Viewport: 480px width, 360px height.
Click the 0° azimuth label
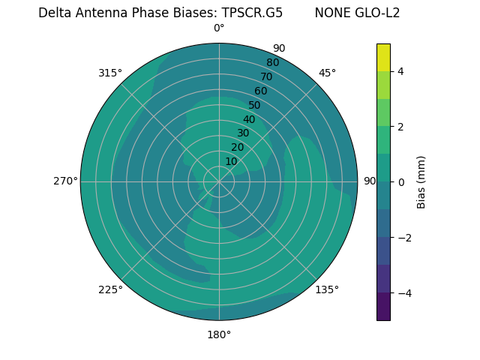pyautogui.click(x=219, y=28)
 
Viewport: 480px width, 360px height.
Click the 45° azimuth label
pyautogui.click(x=327, y=73)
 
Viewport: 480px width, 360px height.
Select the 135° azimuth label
pyautogui.click(x=327, y=289)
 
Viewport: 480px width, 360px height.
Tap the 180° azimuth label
pyautogui.click(x=219, y=334)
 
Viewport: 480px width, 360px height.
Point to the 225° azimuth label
pyautogui.click(x=110, y=289)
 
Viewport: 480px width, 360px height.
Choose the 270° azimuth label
pyautogui.click(x=65, y=181)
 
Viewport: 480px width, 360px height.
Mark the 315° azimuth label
pyautogui.click(x=110, y=73)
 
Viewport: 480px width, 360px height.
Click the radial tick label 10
pyautogui.click(x=231, y=161)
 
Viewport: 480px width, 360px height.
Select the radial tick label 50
pyautogui.click(x=255, y=105)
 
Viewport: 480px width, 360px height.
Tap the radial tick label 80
pyautogui.click(x=272, y=62)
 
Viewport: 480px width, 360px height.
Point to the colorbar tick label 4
pyautogui.click(x=401, y=71)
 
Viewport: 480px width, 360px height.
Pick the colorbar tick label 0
pyautogui.click(x=401, y=182)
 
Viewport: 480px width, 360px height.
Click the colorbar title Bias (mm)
pyautogui.click(x=421, y=182)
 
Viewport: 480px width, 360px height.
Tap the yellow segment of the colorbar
pyautogui.click(x=383, y=57)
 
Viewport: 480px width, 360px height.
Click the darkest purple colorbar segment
pyautogui.click(x=383, y=307)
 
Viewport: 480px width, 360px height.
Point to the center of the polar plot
pyautogui.click(x=219, y=181)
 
